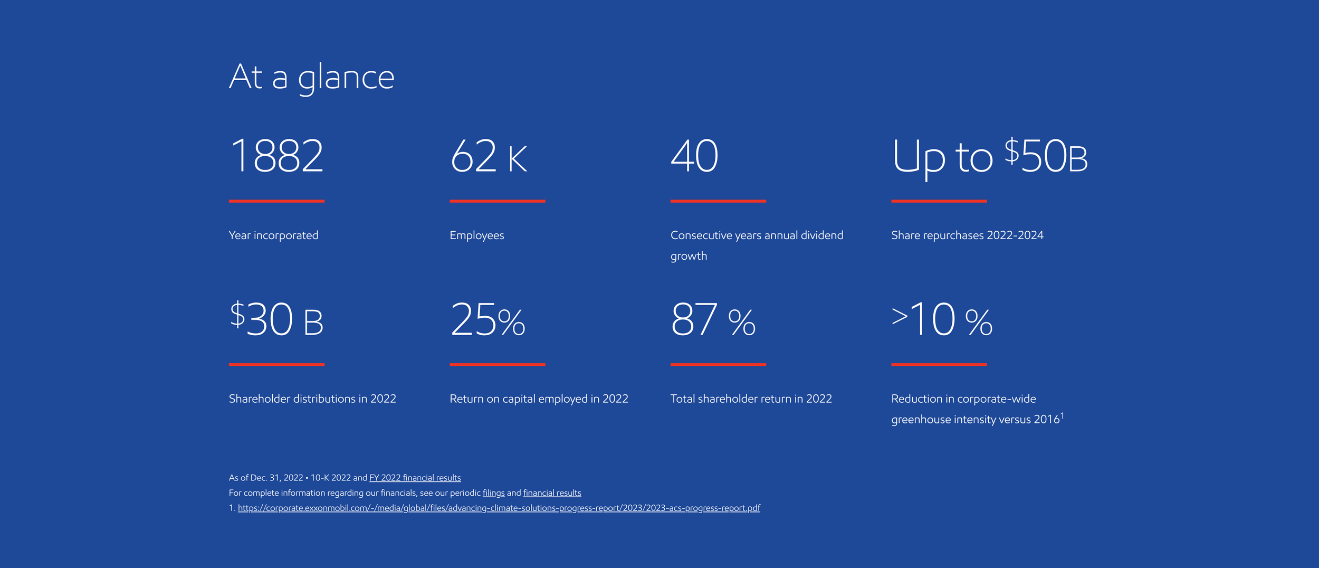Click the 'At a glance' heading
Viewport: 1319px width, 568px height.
click(x=311, y=77)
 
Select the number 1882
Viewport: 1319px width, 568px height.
click(x=276, y=156)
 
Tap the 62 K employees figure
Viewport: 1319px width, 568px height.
click(x=489, y=156)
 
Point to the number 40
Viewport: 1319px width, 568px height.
click(x=694, y=156)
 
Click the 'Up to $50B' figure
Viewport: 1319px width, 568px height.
click(x=989, y=156)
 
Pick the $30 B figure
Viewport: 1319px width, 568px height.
click(x=276, y=319)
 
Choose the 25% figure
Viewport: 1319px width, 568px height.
click(x=488, y=319)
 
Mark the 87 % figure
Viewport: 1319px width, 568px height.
click(x=713, y=319)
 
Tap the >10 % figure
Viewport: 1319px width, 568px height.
click(x=942, y=319)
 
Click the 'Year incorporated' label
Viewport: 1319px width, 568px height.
click(x=273, y=235)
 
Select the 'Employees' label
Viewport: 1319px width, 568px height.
click(x=476, y=235)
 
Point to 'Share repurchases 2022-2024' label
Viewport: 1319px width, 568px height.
click(x=967, y=235)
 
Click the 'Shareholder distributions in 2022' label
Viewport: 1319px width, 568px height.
click(x=312, y=399)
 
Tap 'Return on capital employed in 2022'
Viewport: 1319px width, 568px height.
click(x=539, y=399)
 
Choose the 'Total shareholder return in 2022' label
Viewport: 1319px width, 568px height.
click(x=751, y=399)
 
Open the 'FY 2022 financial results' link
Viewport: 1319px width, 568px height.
click(x=415, y=478)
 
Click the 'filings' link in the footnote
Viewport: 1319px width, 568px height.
click(x=493, y=493)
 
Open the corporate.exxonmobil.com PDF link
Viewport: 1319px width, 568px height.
click(x=499, y=508)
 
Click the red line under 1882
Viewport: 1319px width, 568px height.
click(x=276, y=201)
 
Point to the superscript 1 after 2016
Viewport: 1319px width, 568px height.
click(x=1062, y=416)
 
